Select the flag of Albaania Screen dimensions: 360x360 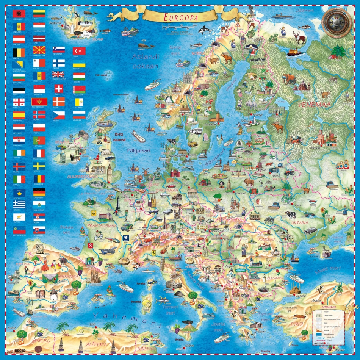coord(19,14)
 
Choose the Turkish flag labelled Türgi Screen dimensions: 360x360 coord(79,51)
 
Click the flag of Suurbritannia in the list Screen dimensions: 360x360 coord(58,75)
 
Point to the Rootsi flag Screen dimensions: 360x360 coord(39,166)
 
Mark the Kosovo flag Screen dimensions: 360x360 coord(19,192)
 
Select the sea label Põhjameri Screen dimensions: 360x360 coord(138,151)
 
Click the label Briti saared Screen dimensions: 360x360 coord(119,137)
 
